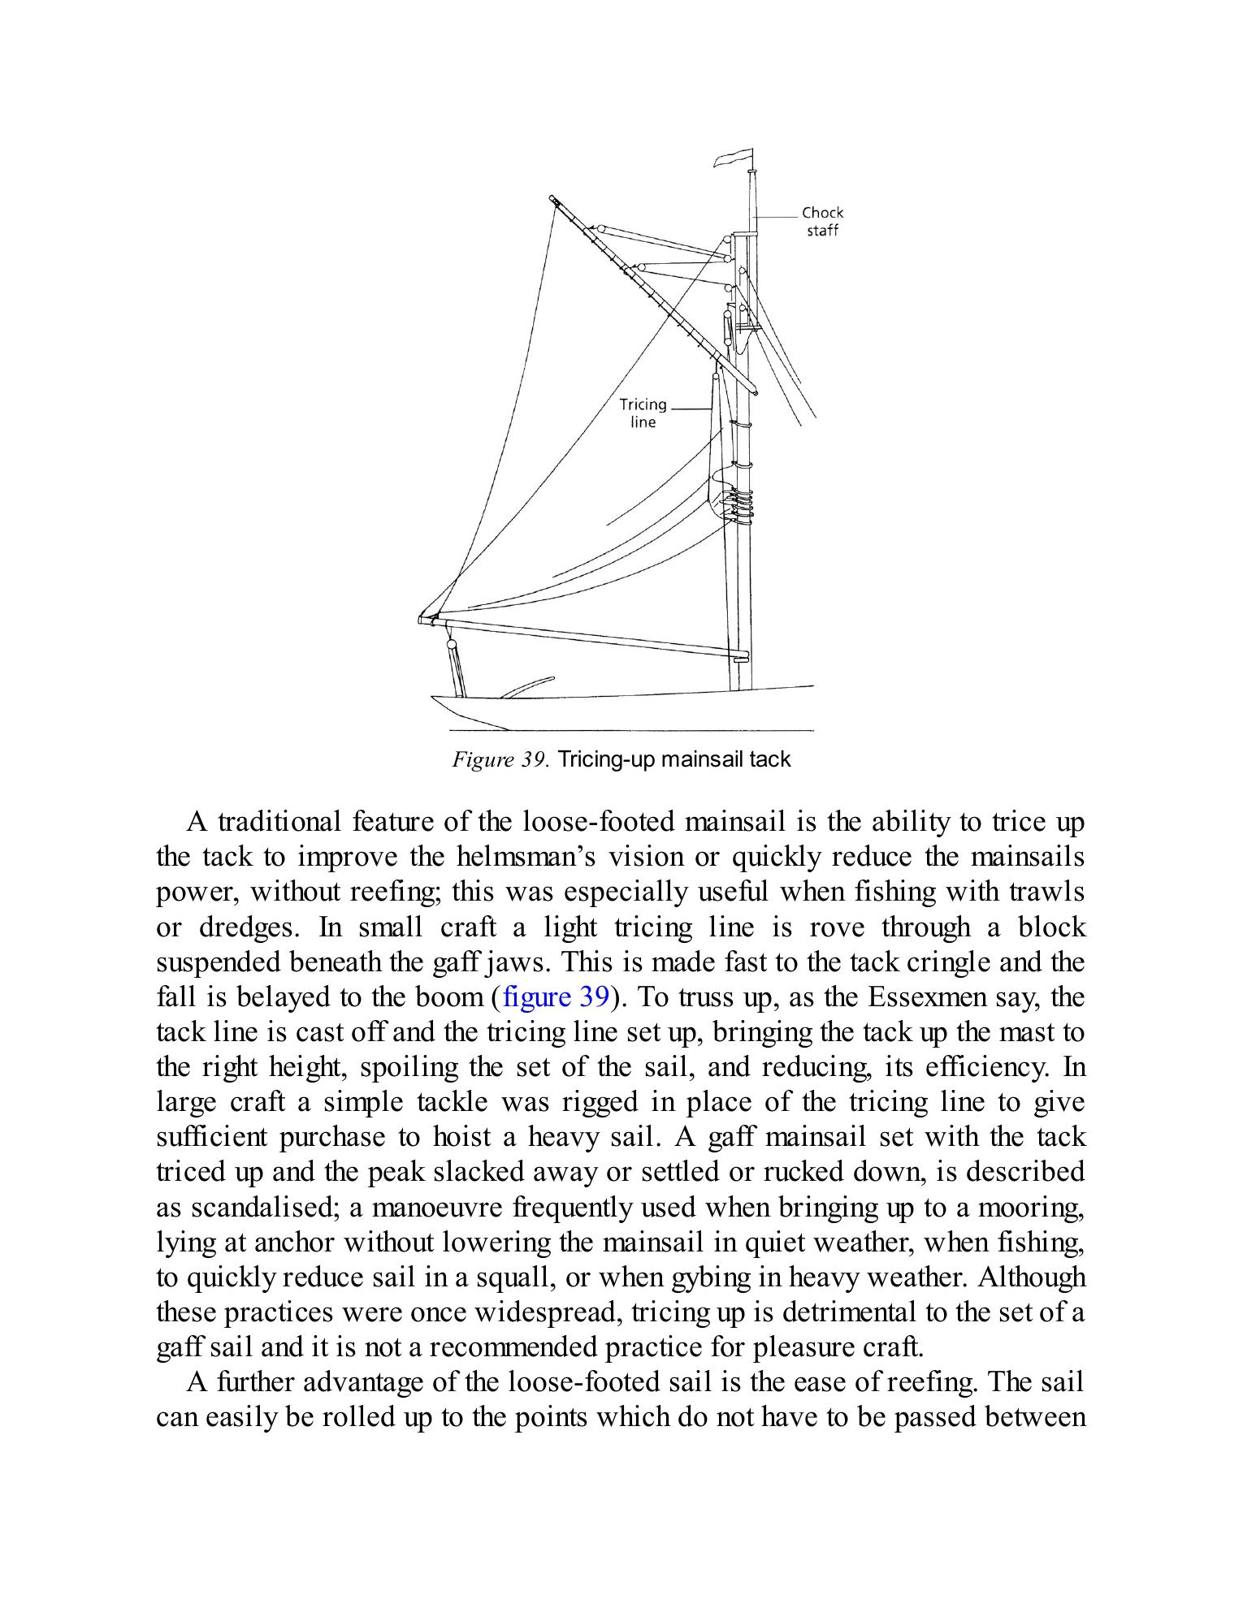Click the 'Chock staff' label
click(x=822, y=221)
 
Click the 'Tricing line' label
click(x=643, y=413)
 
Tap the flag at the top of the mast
click(x=732, y=158)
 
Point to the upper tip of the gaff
click(x=552, y=198)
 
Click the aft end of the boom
click(x=424, y=620)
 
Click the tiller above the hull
click(x=528, y=686)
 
